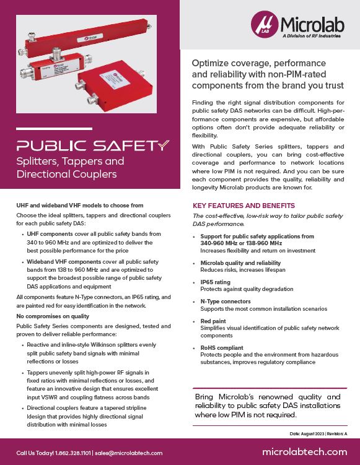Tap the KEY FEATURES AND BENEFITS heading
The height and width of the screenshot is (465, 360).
[x=244, y=206]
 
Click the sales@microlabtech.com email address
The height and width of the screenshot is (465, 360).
[x=130, y=453]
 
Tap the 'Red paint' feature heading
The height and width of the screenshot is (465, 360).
[x=214, y=322]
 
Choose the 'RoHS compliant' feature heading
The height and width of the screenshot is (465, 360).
[x=222, y=348]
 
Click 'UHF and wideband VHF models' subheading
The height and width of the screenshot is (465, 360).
[x=79, y=204]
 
